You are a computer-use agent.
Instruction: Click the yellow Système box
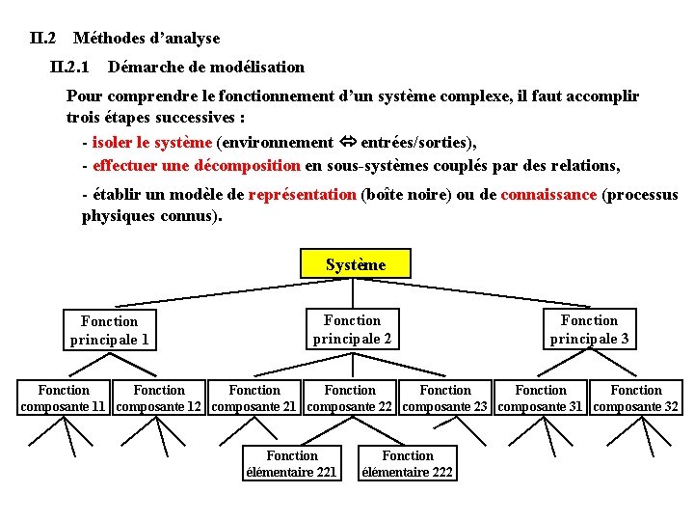point(356,263)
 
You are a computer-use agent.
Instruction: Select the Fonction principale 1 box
point(109,330)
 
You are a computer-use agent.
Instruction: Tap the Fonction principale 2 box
point(352,329)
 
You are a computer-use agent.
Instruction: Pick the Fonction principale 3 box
point(589,329)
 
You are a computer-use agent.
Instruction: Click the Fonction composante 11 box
point(64,398)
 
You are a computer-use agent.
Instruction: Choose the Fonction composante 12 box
point(159,398)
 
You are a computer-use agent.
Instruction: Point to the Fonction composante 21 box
point(254,398)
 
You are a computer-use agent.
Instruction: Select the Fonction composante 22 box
point(350,398)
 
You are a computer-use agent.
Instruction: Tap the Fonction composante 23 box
point(445,398)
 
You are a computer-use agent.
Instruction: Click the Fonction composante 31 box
point(541,398)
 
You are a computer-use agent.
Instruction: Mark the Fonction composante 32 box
point(636,398)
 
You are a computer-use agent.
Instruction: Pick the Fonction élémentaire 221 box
point(292,464)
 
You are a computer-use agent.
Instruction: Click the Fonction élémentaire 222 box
point(407,464)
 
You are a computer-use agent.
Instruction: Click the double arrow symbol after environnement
point(347,143)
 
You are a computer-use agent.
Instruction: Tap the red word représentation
point(302,195)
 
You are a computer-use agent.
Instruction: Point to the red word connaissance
point(548,195)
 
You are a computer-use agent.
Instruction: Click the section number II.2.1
point(69,68)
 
